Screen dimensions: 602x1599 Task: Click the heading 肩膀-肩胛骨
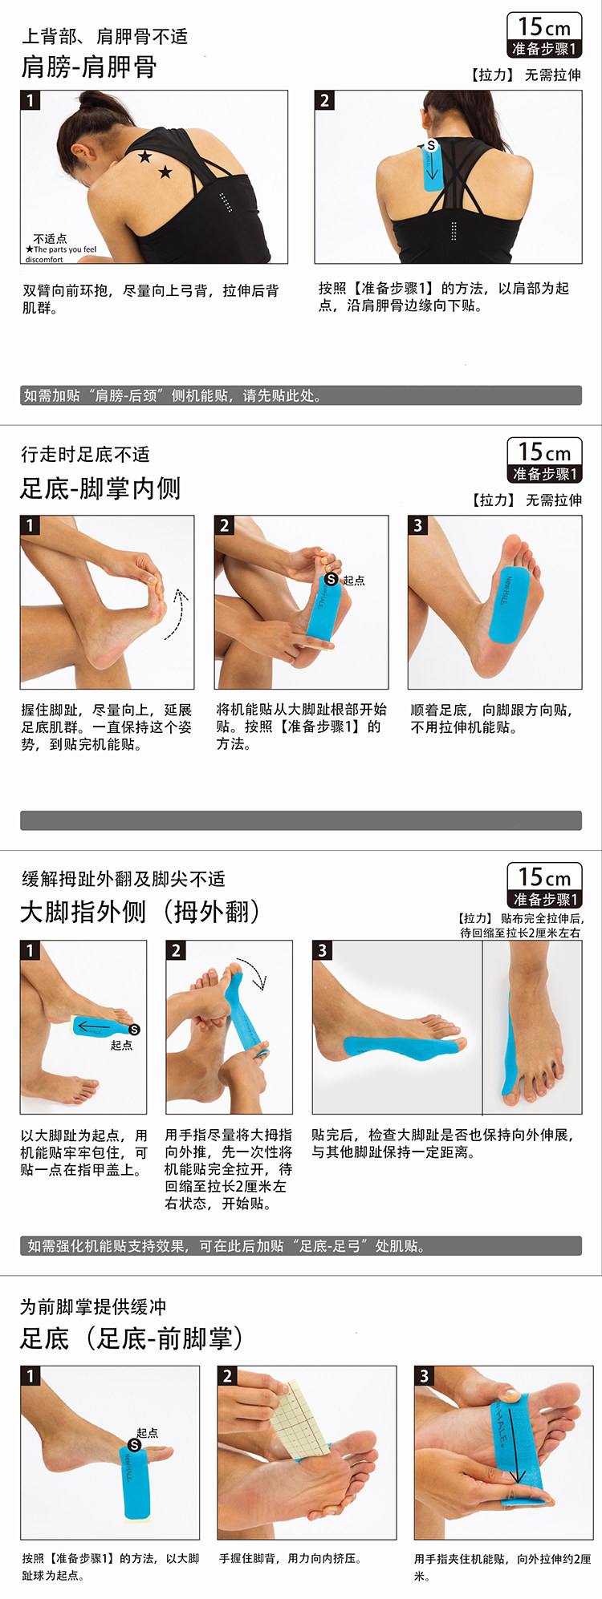coord(89,67)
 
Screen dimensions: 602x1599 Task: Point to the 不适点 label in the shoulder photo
coord(50,239)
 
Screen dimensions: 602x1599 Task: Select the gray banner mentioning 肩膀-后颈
coord(301,395)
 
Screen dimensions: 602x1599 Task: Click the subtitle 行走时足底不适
coord(86,455)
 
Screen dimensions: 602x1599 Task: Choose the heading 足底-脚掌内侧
coord(100,488)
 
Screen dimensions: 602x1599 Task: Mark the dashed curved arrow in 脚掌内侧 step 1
coord(177,614)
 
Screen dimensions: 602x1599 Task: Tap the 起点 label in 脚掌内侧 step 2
coord(353,580)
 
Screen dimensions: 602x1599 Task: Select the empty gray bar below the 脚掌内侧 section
coord(301,820)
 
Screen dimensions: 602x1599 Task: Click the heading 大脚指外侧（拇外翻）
coord(140,913)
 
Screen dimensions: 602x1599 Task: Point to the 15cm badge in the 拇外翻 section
coord(544,885)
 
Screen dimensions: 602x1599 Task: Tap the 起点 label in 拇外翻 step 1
coord(121,1045)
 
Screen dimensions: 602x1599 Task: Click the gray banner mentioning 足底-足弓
coord(301,1245)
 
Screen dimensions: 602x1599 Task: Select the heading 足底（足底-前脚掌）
coord(132,1338)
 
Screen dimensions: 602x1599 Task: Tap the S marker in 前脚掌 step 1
coord(135,1444)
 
